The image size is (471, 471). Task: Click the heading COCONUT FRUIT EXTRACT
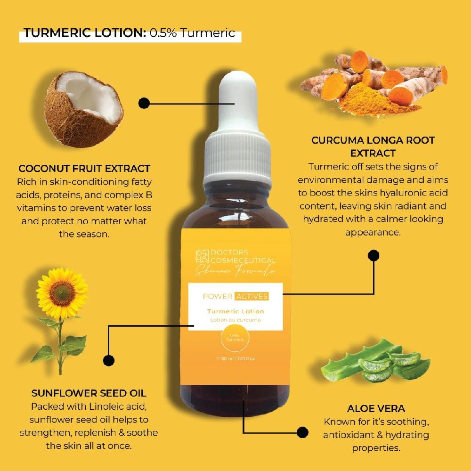click(84, 169)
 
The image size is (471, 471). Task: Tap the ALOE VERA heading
click(376, 408)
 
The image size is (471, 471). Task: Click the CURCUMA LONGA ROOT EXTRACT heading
click(373, 146)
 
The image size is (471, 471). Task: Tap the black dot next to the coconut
click(144, 103)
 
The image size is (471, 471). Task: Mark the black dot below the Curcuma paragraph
click(374, 256)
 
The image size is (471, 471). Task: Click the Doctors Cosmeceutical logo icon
click(202, 256)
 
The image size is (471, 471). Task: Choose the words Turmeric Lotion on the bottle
click(235, 311)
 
